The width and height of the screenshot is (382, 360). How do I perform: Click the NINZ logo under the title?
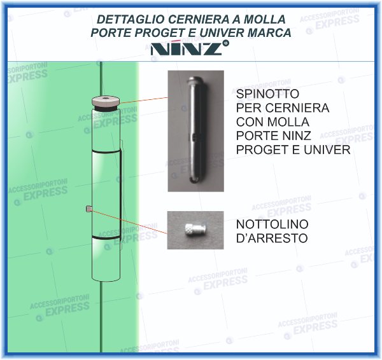pos(187,49)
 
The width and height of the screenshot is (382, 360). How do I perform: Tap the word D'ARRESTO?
pos(272,239)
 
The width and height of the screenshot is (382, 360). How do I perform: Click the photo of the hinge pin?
pos(195,130)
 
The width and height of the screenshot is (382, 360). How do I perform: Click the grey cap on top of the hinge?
pos(104,101)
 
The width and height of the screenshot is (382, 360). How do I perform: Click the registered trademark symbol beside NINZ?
pos(226,43)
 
